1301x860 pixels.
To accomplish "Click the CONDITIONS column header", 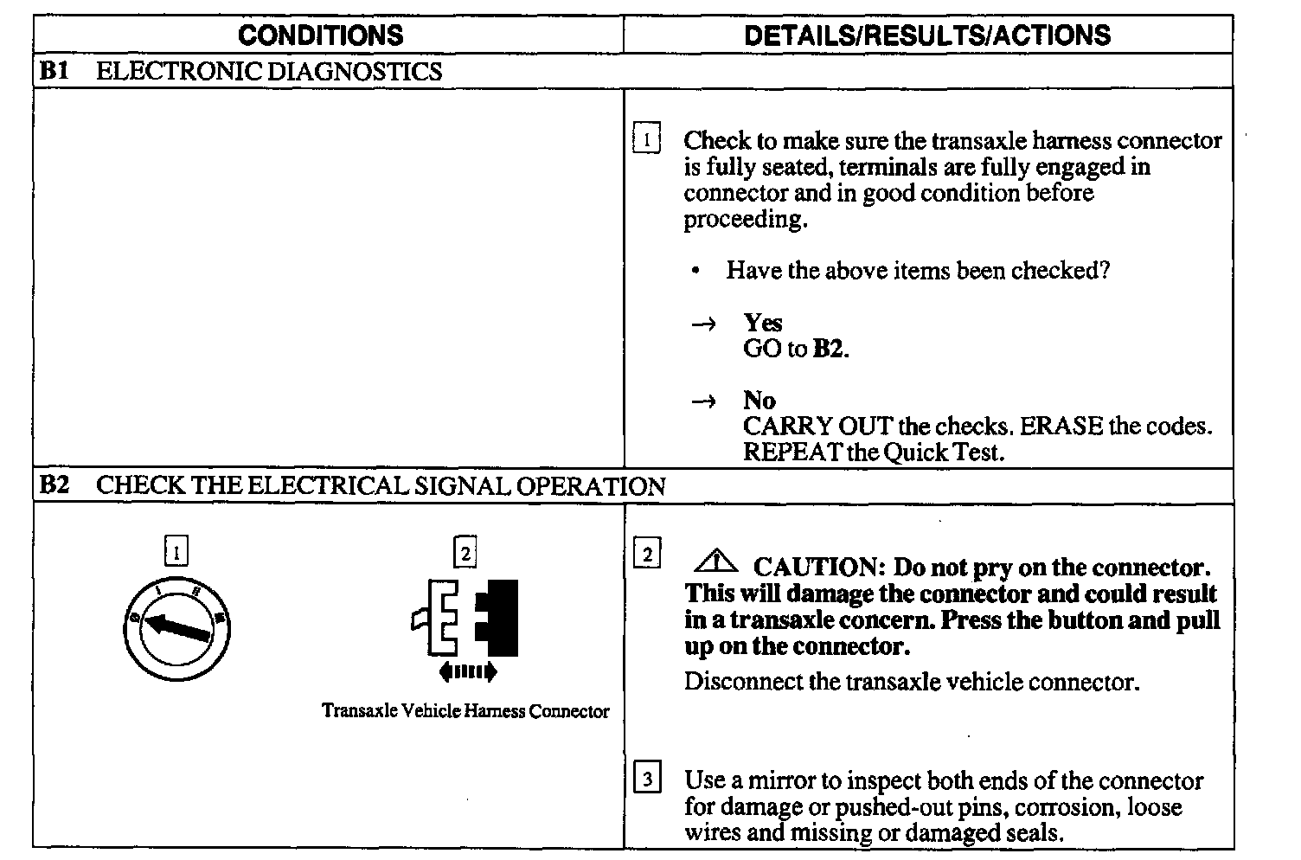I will [x=320, y=35].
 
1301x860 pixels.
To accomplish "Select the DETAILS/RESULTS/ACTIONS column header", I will [x=927, y=35].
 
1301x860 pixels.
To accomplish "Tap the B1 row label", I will [x=54, y=71].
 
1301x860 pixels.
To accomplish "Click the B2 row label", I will [x=54, y=485].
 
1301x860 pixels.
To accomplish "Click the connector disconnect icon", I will [x=465, y=618].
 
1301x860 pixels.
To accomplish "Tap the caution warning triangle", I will [x=716, y=564].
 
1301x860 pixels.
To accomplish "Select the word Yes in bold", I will [x=763, y=323].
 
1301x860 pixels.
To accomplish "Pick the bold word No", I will [x=759, y=401].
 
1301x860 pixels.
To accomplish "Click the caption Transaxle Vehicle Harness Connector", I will [x=465, y=711].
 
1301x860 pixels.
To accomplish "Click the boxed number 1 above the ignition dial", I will [x=176, y=551].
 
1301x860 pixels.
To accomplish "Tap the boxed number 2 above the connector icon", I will [x=465, y=551].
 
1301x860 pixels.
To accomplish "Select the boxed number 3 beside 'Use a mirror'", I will [x=647, y=779].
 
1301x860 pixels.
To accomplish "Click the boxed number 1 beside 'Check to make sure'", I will [x=647, y=138].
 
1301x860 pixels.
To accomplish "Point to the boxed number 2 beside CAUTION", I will [x=647, y=554].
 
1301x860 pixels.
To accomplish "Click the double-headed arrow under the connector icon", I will [x=467, y=671].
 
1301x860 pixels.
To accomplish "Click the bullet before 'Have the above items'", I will [x=695, y=271].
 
